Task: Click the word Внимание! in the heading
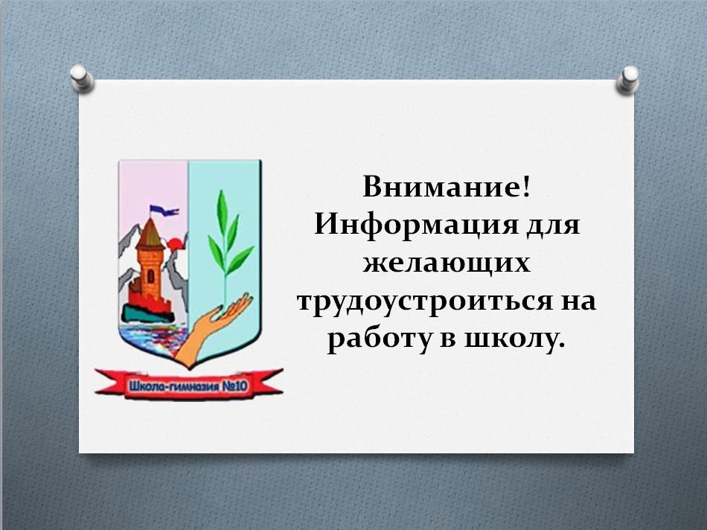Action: [447, 186]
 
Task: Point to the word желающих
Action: [447, 263]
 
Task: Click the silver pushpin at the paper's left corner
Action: [82, 78]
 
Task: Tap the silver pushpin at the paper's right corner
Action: [627, 80]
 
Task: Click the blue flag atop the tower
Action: [163, 210]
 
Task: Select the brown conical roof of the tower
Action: [150, 234]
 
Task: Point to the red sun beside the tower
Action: [175, 244]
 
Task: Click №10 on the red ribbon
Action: [235, 386]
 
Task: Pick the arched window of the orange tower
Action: [150, 275]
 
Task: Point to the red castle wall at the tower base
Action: [149, 297]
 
